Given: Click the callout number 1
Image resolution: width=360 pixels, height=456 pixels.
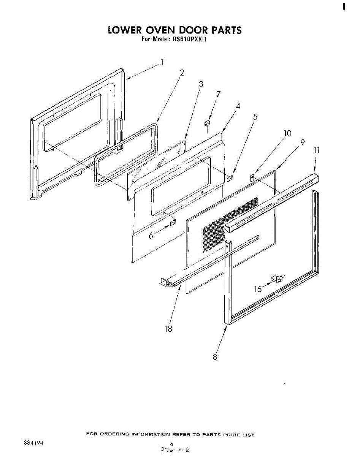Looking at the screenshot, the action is coord(162,62).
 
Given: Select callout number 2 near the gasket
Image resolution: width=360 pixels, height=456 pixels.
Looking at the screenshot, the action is coord(182,73).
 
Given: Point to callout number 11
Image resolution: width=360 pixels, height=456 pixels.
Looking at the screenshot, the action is coord(316,150).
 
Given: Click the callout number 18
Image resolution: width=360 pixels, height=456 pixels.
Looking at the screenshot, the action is coord(168,329).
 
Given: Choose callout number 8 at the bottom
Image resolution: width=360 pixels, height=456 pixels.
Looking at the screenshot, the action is coord(215,357).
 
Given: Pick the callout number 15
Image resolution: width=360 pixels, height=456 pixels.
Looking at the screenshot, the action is coord(258,290).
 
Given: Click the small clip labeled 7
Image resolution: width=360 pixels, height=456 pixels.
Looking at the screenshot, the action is coord(208,123).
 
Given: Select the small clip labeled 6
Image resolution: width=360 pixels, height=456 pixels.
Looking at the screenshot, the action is coord(173,222).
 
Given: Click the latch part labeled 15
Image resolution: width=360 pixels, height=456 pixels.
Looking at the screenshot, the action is coord(276,280).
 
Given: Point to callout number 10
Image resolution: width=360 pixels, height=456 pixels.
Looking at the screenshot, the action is coord(287,133).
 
